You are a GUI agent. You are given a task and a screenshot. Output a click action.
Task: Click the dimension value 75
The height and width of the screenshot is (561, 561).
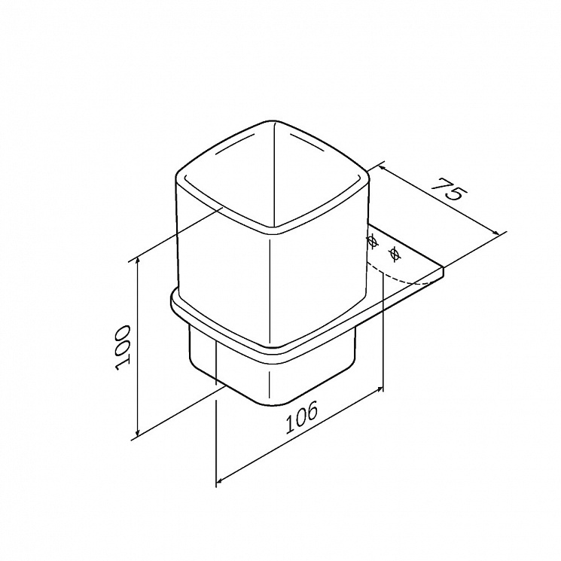pyautogui.click(x=449, y=188)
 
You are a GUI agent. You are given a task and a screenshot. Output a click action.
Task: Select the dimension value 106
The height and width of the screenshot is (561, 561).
pyautogui.click(x=301, y=416)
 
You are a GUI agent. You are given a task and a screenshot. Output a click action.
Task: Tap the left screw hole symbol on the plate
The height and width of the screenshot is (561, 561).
pyautogui.click(x=373, y=242)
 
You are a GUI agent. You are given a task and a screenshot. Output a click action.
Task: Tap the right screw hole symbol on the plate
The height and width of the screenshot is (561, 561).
pyautogui.click(x=395, y=254)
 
